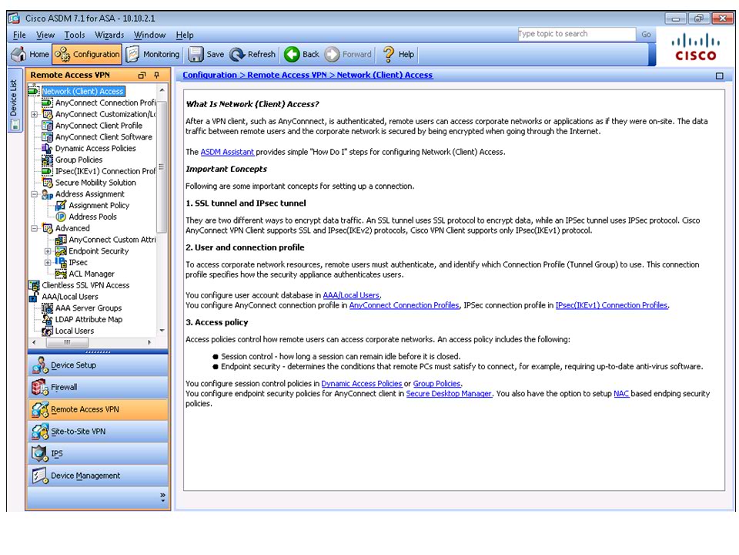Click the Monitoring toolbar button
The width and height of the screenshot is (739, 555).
pyautogui.click(x=152, y=54)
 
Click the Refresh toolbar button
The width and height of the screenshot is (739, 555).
pyautogui.click(x=252, y=54)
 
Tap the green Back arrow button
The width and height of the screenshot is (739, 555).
pyautogui.click(x=301, y=54)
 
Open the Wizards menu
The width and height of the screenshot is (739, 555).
pyautogui.click(x=109, y=35)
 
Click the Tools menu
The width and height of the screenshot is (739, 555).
pyautogui.click(x=75, y=35)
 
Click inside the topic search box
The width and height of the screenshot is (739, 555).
pyautogui.click(x=576, y=34)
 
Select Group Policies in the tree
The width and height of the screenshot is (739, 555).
pyautogui.click(x=79, y=160)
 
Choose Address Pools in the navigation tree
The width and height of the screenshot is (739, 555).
pyautogui.click(x=92, y=217)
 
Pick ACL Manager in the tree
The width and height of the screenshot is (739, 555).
pyautogui.click(x=91, y=274)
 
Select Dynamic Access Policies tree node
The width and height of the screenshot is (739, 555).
pyautogui.click(x=95, y=148)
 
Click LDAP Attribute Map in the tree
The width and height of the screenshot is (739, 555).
pyautogui.click(x=88, y=319)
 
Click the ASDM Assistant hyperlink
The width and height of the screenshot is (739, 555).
pyautogui.click(x=227, y=152)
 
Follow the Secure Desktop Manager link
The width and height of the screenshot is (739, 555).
pyautogui.click(x=448, y=394)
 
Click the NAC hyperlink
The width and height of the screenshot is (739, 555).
pyautogui.click(x=621, y=394)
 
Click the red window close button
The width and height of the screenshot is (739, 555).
pyautogui.click(x=722, y=18)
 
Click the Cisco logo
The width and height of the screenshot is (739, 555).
pyautogui.click(x=695, y=48)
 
